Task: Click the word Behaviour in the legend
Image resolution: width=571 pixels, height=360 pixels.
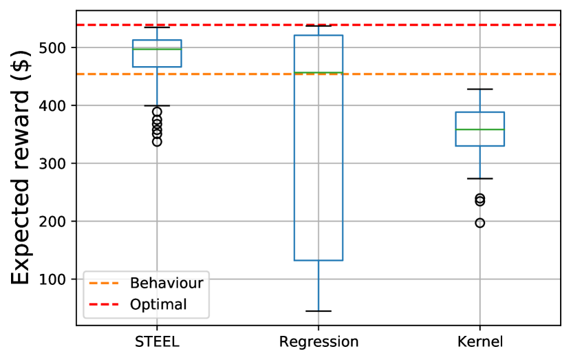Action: (166, 283)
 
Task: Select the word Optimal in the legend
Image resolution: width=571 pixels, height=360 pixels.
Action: (158, 305)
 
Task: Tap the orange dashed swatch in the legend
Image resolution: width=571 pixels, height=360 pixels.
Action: (104, 283)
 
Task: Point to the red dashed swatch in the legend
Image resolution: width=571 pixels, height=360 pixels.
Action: (104, 305)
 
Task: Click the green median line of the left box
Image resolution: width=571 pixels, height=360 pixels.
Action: (157, 49)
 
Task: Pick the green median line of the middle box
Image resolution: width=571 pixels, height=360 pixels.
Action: (319, 72)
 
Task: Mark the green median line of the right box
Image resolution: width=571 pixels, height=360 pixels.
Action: (480, 129)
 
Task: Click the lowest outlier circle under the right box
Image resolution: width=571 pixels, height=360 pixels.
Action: (480, 223)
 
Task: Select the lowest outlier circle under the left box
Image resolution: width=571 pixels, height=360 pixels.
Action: (157, 142)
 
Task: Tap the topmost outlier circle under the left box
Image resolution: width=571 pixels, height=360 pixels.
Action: (157, 112)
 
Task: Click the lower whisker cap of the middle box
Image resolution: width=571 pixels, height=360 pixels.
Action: (319, 311)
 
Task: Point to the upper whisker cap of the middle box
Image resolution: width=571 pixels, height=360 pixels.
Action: (319, 26)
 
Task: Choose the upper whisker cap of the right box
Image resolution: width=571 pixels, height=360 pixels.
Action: (480, 89)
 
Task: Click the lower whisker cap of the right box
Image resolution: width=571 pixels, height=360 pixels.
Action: (480, 178)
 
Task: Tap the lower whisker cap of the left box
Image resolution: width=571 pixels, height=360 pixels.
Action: (157, 105)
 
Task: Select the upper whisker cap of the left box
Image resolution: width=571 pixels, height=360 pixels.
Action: (157, 28)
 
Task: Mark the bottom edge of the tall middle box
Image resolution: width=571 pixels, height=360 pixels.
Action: (319, 260)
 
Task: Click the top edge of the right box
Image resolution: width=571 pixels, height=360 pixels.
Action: (480, 112)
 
